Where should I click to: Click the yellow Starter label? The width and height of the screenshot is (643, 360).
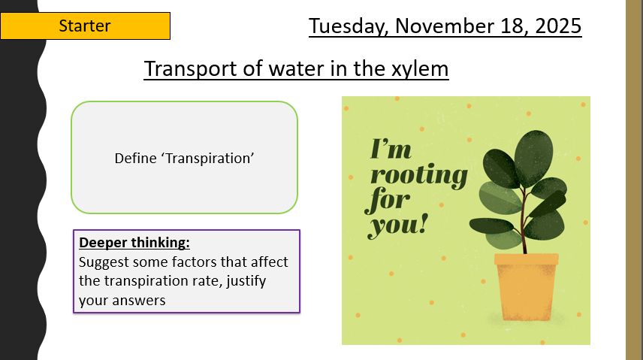[85, 26]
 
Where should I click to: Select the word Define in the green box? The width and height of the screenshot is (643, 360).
[131, 158]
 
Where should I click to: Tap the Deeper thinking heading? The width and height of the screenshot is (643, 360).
[134, 244]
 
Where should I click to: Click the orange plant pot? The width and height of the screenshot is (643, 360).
[526, 289]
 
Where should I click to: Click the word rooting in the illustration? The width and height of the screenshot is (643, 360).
[418, 176]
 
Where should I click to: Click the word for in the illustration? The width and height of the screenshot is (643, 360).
[390, 200]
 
